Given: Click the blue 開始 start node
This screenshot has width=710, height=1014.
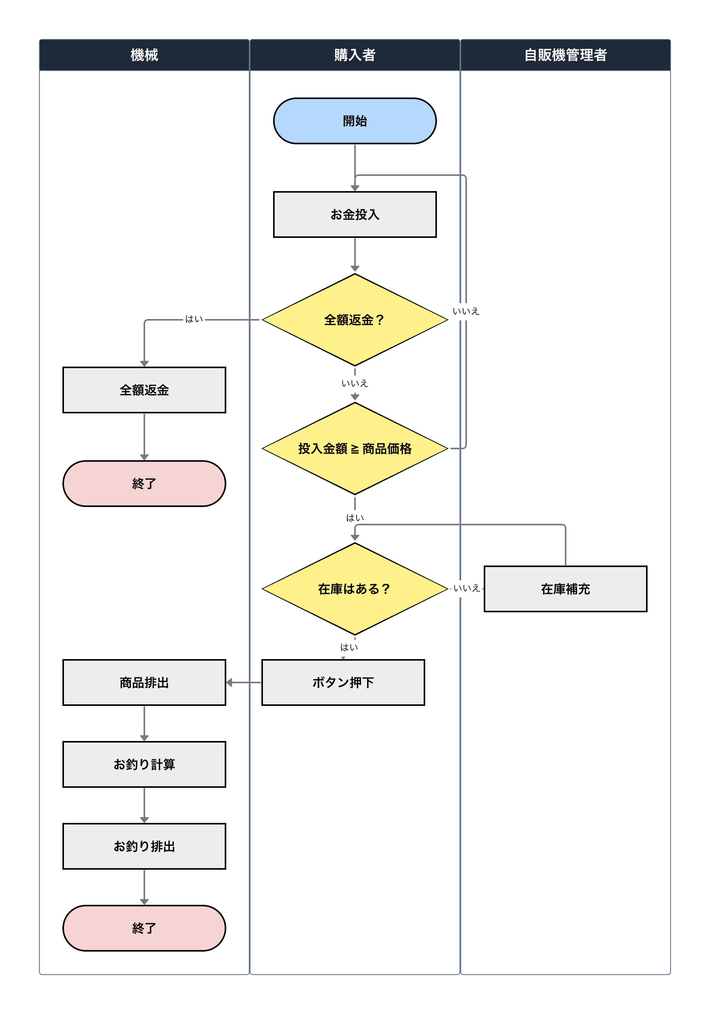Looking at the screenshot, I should (x=355, y=121).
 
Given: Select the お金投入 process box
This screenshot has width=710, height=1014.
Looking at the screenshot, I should (x=355, y=214).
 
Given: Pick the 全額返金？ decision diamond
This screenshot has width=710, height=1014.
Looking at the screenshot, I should (x=355, y=320).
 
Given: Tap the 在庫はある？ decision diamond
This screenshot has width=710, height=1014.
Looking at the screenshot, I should (x=355, y=589).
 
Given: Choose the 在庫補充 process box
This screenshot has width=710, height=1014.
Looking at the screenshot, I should (x=565, y=589).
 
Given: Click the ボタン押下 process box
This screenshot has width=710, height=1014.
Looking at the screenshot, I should (x=343, y=682).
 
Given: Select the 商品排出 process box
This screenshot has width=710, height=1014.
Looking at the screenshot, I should (x=144, y=682).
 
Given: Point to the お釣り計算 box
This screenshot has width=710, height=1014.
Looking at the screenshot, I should (x=144, y=764).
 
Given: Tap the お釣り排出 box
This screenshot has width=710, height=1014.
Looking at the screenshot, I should (x=144, y=846).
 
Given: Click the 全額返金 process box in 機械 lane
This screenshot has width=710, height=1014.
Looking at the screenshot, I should (x=144, y=390).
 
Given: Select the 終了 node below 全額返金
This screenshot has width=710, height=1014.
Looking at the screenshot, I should (x=144, y=484).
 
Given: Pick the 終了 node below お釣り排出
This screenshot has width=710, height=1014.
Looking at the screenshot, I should (x=144, y=928).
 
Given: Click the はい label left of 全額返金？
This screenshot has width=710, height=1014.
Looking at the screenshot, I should (x=194, y=319).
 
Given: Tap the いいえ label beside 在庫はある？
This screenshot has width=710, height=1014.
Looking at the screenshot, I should (x=466, y=588).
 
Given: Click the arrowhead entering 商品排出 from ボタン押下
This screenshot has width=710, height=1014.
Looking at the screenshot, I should (x=229, y=682).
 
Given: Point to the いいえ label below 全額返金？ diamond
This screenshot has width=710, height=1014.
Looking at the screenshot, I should (x=355, y=383).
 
